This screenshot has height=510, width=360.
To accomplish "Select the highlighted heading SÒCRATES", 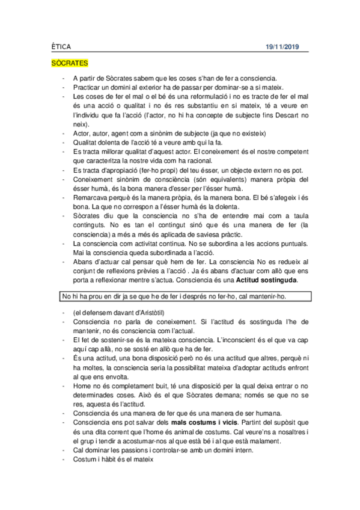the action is (x=70, y=63).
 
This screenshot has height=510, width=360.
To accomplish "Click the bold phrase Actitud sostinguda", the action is (x=266, y=280).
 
